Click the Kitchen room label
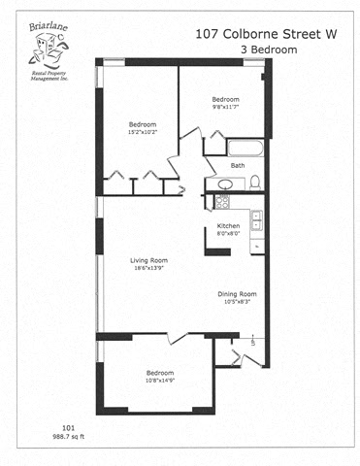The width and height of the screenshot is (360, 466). click(x=228, y=226)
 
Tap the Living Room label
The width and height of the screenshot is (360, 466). click(x=150, y=259)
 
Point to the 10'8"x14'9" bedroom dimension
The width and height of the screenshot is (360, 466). click(x=160, y=381)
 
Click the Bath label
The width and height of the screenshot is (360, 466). click(x=237, y=165)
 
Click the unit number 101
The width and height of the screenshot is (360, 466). click(x=68, y=427)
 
